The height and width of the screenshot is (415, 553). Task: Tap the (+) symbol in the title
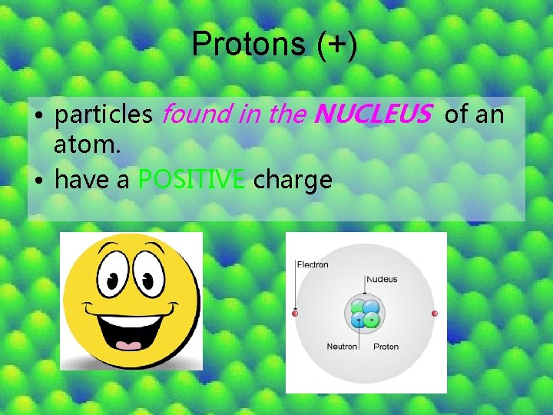[x=336, y=44]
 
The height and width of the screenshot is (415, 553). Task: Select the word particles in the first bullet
[x=104, y=115]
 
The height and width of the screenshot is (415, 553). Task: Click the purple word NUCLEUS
[x=373, y=115]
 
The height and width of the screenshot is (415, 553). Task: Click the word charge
[x=293, y=181]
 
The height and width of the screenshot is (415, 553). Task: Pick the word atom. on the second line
[x=87, y=144]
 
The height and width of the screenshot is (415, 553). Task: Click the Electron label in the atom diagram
[x=313, y=265]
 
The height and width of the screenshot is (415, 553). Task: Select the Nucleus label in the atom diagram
[x=382, y=279]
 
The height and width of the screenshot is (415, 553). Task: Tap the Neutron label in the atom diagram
[x=342, y=347]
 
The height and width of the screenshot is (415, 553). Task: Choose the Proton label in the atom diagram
[x=386, y=347]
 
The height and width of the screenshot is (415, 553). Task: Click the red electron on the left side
[x=295, y=314]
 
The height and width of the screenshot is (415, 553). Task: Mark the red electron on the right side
[x=435, y=314]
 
